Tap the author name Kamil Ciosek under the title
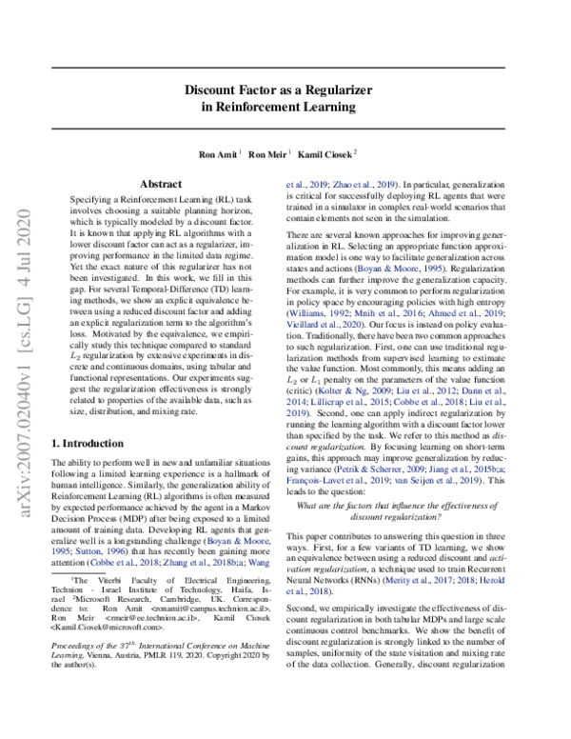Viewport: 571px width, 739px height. pos(324,152)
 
